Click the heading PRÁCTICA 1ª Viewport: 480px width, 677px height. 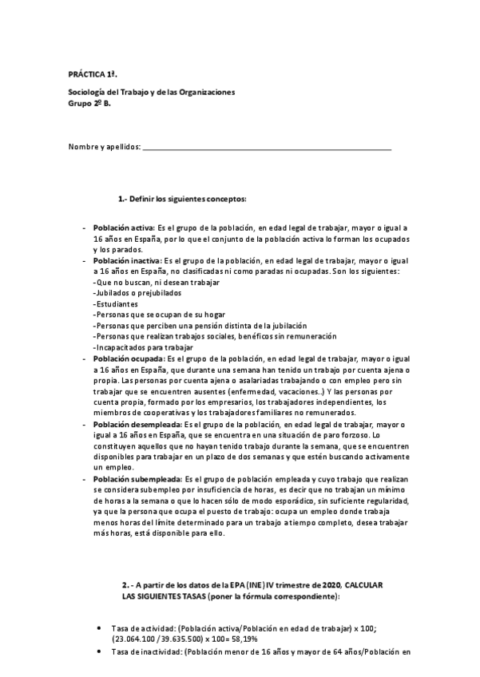[x=88, y=73]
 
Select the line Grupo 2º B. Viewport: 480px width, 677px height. [x=89, y=103]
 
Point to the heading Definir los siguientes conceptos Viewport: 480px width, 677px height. [x=183, y=198]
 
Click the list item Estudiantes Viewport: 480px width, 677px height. [x=116, y=304]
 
